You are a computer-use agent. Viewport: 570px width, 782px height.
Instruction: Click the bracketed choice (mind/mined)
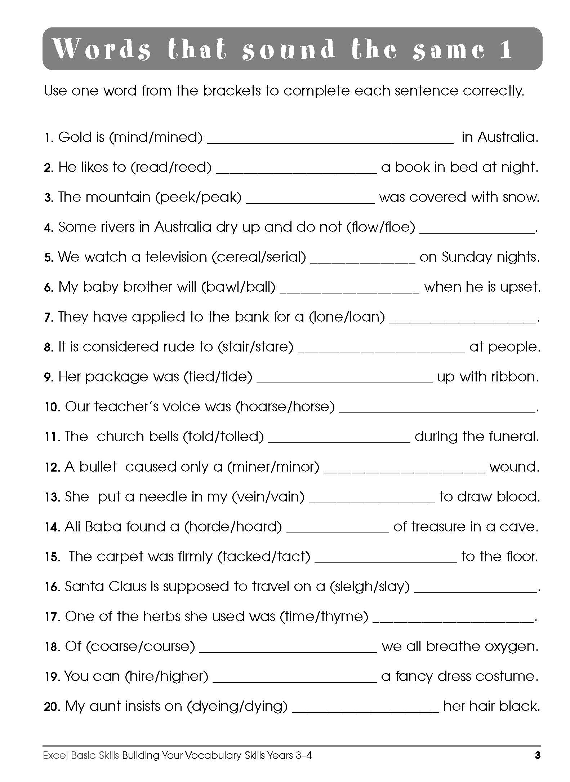pos(156,137)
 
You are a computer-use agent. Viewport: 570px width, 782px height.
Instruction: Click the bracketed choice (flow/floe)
pos(381,227)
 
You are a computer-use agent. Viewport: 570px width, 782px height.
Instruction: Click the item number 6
pos(49,288)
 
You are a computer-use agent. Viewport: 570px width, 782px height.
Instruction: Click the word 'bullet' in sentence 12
pos(98,467)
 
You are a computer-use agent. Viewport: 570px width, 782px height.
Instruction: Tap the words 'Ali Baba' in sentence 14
pos(93,527)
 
